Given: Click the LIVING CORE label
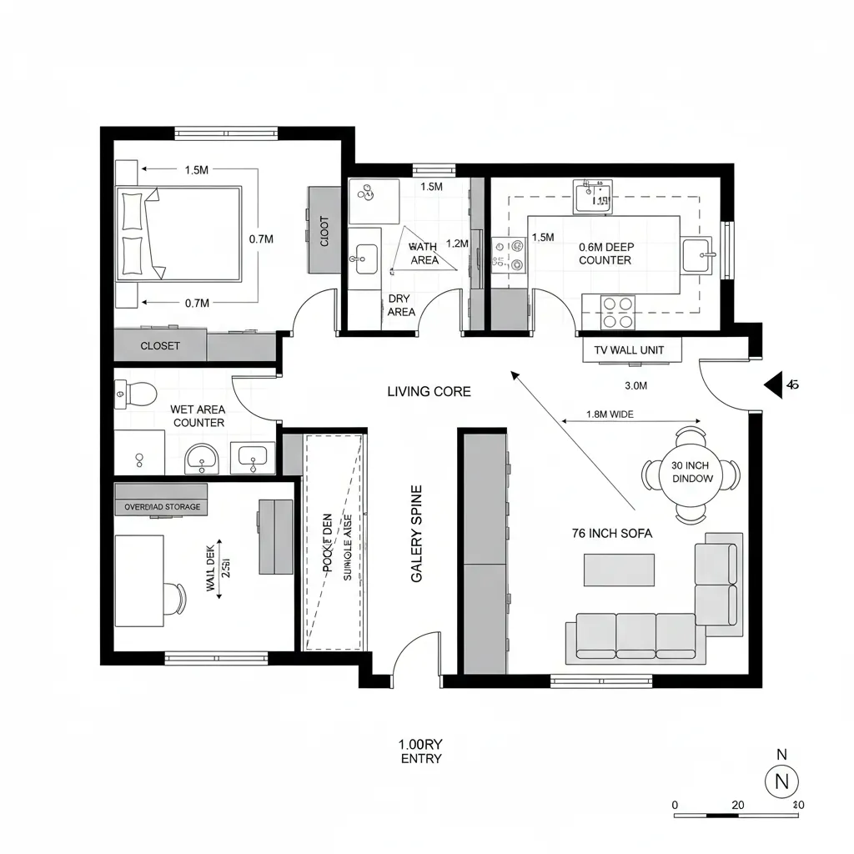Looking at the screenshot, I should [429, 391].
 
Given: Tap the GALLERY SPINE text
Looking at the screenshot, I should [418, 533].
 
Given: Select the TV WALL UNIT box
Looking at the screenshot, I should [631, 350].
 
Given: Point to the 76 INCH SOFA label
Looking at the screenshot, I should [612, 533].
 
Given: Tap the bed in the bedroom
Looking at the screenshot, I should [180, 234].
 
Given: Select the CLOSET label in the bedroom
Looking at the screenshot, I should [160, 345].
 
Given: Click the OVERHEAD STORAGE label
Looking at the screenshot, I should [162, 506].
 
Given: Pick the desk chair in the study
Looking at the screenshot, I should [177, 598].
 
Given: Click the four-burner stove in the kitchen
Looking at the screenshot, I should [617, 312].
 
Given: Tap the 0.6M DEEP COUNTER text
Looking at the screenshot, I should [605, 254].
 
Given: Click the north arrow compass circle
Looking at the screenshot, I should [781, 781].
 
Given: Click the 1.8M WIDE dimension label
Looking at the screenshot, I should [611, 414].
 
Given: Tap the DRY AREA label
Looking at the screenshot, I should [401, 305].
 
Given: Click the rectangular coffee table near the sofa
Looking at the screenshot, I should [619, 570].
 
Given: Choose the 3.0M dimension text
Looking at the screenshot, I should [635, 385].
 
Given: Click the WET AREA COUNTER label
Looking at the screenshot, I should [198, 415].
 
